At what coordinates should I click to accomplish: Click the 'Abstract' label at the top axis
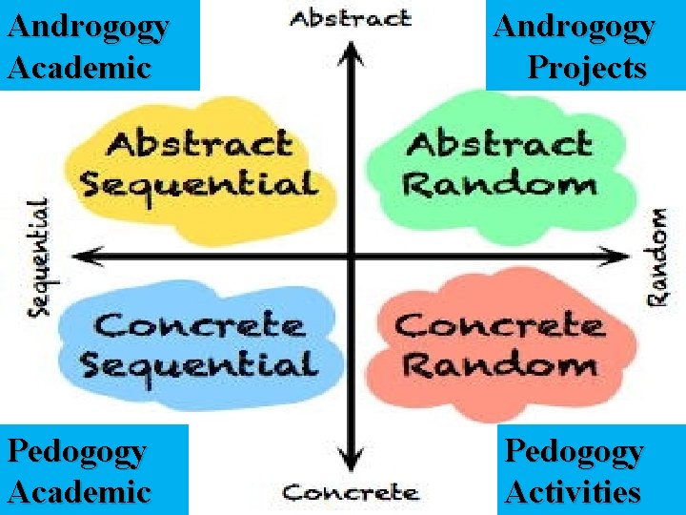pyautogui.click(x=350, y=19)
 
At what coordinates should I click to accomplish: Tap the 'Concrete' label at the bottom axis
pyautogui.click(x=351, y=492)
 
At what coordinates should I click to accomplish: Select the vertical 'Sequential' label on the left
pyautogui.click(x=37, y=256)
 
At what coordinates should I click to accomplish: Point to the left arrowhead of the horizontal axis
pyautogui.click(x=84, y=255)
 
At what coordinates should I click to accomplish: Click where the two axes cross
pyautogui.click(x=353, y=255)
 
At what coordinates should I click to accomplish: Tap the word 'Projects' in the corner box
pyautogui.click(x=587, y=68)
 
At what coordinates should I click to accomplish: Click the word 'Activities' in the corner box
pyautogui.click(x=573, y=492)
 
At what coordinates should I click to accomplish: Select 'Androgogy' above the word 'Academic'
pyautogui.click(x=88, y=27)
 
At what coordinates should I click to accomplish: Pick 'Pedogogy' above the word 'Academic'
pyautogui.click(x=76, y=450)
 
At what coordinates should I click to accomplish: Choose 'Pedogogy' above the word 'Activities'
pyautogui.click(x=574, y=450)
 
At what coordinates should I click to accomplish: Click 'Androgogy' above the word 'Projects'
pyautogui.click(x=574, y=27)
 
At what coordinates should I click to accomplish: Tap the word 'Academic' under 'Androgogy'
pyautogui.click(x=79, y=68)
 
